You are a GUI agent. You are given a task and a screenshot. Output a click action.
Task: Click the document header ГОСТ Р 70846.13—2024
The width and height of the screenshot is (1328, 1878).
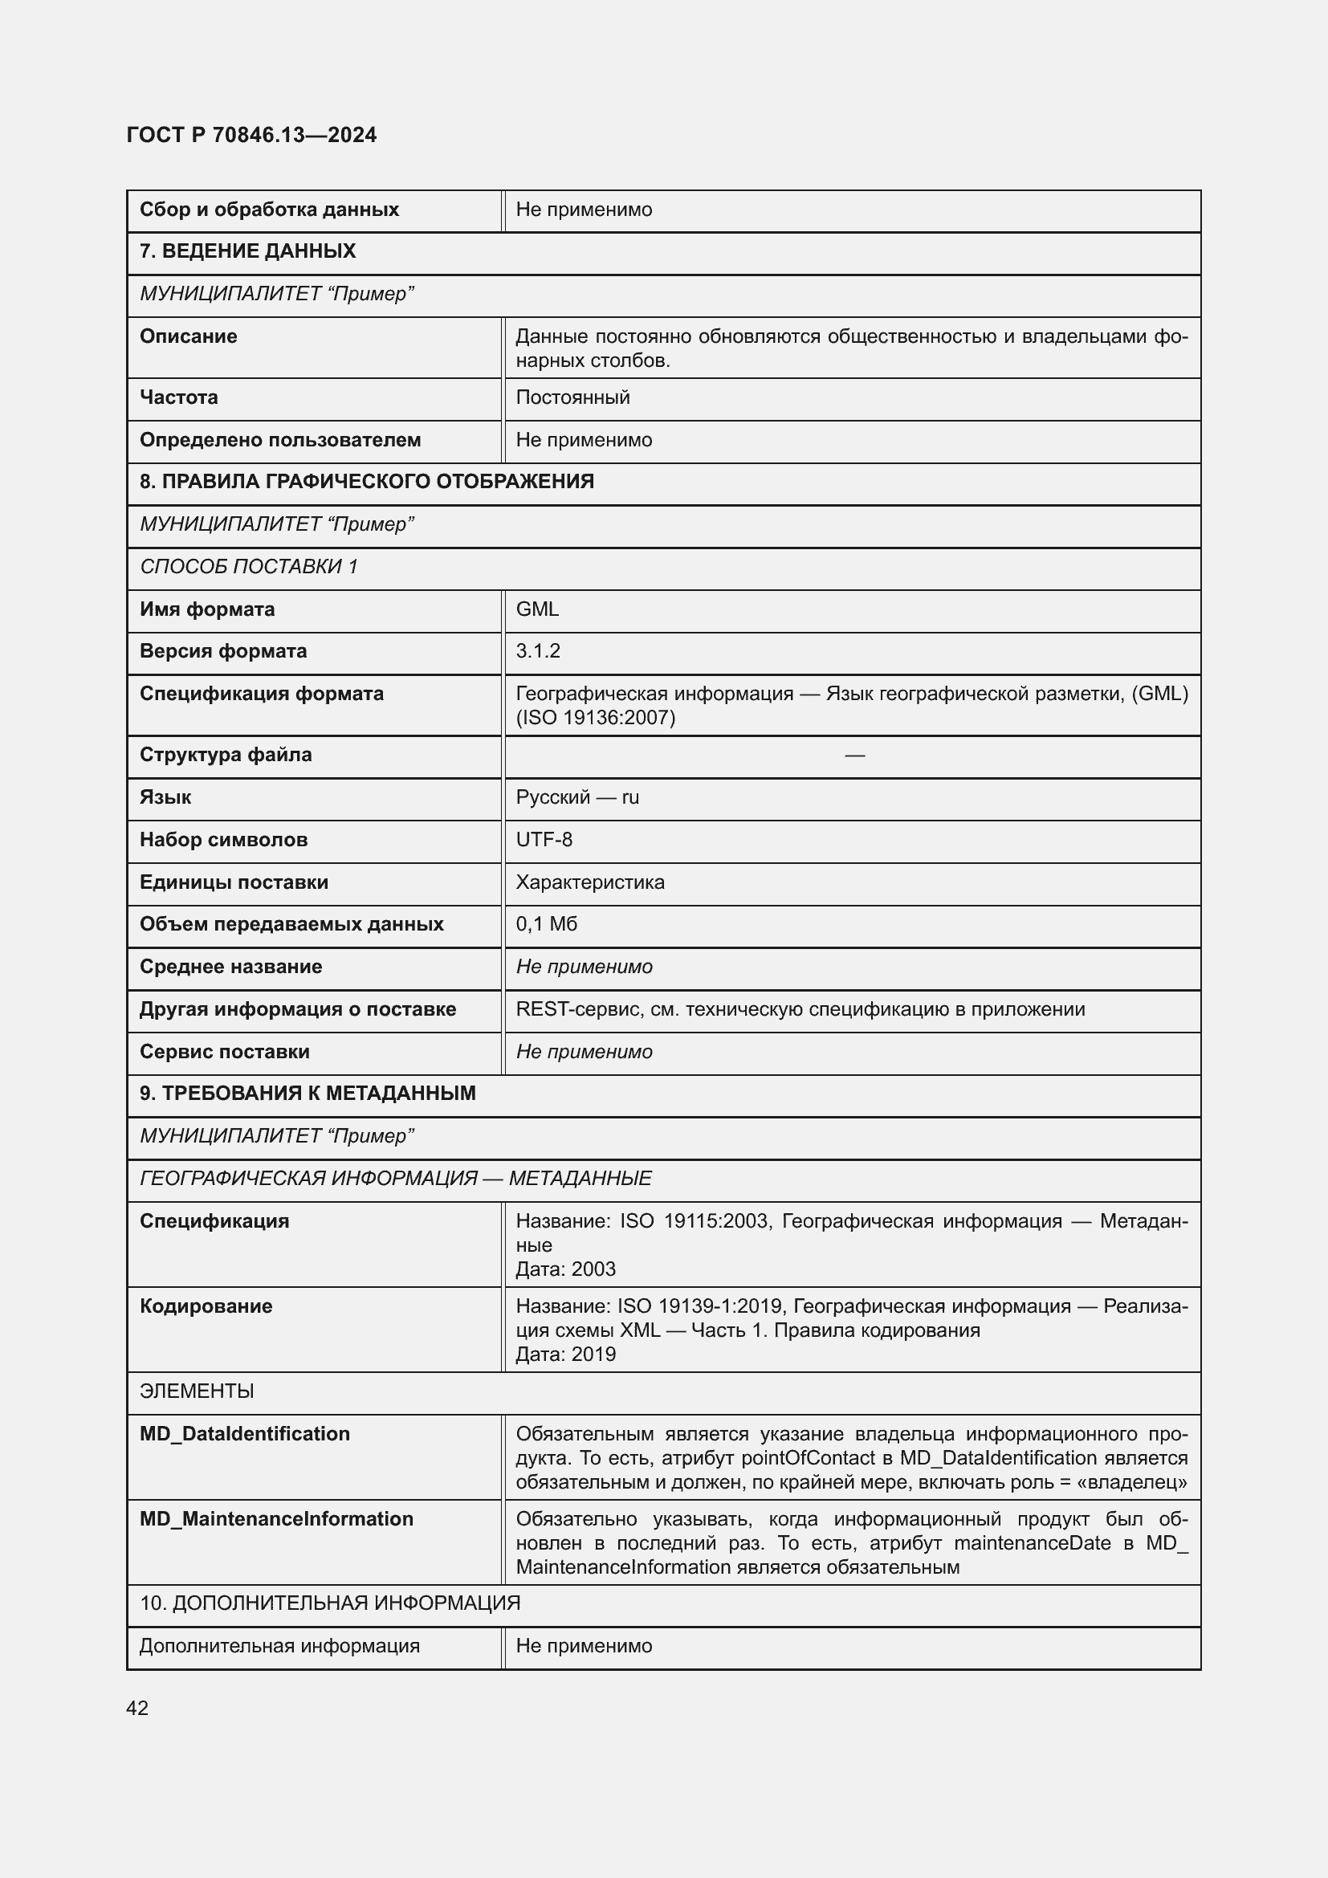point(251,135)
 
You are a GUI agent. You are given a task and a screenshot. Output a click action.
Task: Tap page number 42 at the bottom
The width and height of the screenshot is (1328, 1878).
point(137,1708)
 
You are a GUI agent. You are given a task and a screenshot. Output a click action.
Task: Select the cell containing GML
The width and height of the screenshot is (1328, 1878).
point(537,609)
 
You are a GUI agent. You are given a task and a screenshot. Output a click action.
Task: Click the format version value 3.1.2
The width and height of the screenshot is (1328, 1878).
point(538,651)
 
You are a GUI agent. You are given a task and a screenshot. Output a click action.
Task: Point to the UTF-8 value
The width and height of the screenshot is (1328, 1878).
point(544,840)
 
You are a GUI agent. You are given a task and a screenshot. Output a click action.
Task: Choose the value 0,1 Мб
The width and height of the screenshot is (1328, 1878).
point(546,924)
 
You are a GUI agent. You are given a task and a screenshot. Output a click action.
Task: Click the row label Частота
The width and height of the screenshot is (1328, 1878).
point(178,397)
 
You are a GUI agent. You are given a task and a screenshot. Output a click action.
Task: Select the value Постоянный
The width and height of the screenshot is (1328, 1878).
point(572,397)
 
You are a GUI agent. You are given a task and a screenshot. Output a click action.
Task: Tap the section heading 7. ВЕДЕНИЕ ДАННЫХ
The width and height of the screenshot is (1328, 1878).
point(247,251)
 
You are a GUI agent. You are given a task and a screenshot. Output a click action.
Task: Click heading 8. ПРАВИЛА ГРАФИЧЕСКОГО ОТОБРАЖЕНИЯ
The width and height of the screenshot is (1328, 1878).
point(366,482)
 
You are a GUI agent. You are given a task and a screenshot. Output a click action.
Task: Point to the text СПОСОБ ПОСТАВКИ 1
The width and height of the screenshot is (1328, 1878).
point(249,567)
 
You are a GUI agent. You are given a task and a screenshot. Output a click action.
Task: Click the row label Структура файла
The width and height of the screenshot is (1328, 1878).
point(225,755)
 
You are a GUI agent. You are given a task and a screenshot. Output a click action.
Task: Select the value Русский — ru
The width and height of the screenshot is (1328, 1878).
point(577,797)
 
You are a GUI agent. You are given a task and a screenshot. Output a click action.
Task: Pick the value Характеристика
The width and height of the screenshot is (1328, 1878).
point(589,882)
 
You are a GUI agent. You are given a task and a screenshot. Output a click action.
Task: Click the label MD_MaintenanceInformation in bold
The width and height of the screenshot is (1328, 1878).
point(276,1519)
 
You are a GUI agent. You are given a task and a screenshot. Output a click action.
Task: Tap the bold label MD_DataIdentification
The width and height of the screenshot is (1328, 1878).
point(245,1434)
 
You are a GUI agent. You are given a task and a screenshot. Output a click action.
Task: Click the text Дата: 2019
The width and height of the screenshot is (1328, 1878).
point(565,1355)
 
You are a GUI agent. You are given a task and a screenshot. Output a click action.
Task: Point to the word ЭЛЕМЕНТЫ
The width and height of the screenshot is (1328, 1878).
point(196,1391)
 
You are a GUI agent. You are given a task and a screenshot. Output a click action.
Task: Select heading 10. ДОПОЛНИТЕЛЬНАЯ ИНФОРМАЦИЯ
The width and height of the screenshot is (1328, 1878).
point(329,1603)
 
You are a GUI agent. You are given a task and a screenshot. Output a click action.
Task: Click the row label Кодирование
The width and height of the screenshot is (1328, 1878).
point(206,1306)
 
